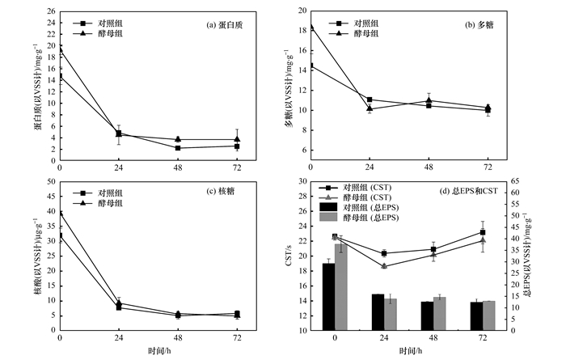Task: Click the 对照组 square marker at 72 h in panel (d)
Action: click(x=483, y=232)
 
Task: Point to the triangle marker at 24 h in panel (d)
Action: click(x=384, y=266)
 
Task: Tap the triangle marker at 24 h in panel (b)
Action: click(x=370, y=108)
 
